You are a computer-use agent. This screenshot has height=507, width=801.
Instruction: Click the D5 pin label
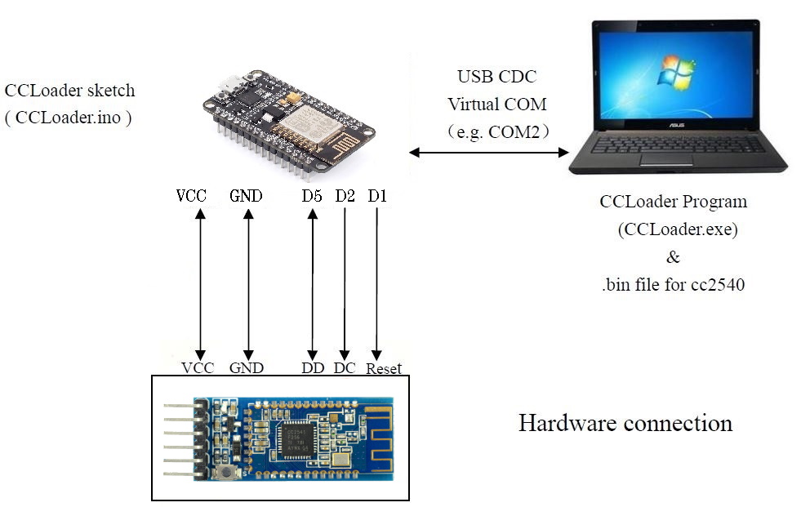click(x=310, y=197)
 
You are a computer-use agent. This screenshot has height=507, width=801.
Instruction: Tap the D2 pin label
click(x=345, y=197)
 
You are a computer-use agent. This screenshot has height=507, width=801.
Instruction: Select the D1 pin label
click(x=377, y=197)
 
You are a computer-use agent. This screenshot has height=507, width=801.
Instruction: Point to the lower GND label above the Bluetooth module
click(x=247, y=368)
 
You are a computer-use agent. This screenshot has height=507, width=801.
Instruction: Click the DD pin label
click(x=313, y=368)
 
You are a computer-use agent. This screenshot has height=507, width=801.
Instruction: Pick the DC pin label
click(x=345, y=368)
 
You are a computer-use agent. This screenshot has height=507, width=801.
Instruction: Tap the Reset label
click(x=384, y=369)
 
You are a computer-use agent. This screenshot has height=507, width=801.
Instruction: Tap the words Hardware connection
click(x=625, y=424)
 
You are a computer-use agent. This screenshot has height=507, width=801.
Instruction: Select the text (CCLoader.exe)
click(x=678, y=229)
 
